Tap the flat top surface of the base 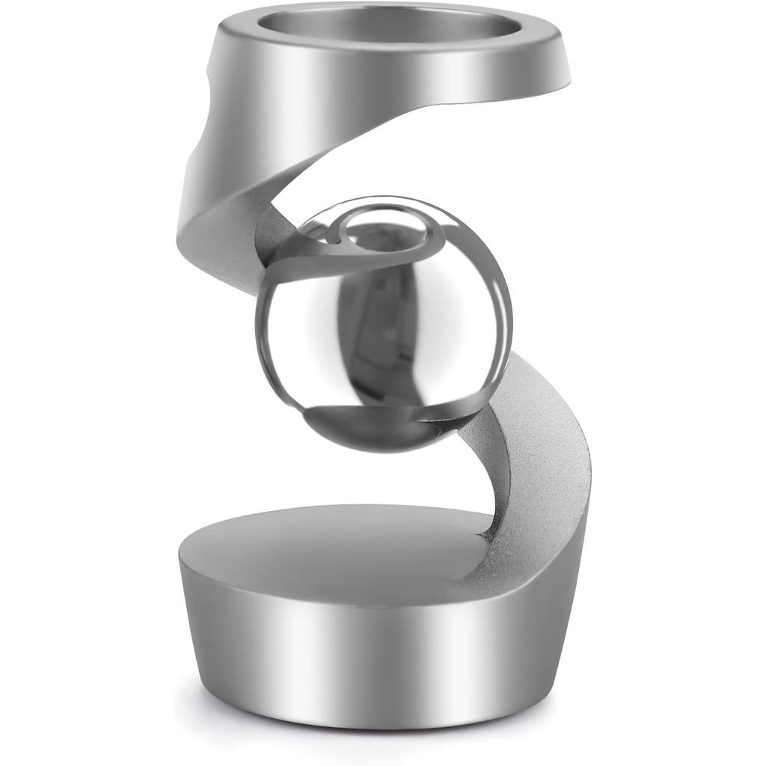pos(337,546)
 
